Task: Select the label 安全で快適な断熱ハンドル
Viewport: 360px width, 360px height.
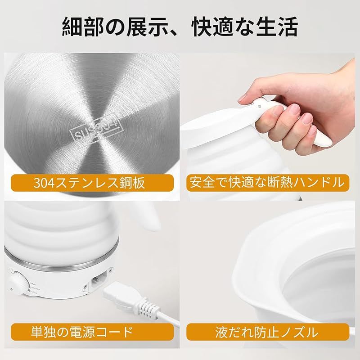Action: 268,182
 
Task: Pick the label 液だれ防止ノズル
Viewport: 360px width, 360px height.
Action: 268,333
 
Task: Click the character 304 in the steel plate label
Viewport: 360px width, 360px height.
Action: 43,183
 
